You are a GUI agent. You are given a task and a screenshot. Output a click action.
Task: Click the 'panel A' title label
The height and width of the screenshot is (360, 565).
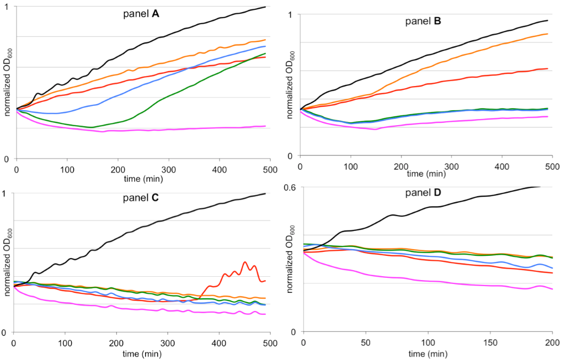[x=141, y=14]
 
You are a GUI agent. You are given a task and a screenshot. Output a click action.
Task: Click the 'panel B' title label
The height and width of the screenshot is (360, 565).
[x=422, y=22]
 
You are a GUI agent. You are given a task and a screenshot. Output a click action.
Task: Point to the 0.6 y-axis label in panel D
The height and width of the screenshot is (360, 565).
[x=291, y=187]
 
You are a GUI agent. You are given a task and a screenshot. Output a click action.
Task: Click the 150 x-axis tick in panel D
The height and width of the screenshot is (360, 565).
[x=491, y=343]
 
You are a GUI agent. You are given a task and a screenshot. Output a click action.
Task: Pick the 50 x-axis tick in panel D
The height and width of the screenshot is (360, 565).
[x=366, y=343]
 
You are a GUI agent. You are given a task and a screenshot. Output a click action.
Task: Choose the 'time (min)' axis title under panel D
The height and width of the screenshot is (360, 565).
[x=428, y=352]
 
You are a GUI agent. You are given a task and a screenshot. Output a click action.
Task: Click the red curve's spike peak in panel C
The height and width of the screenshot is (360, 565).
[x=244, y=262]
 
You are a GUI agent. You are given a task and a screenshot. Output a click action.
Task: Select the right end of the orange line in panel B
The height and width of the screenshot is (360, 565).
[x=547, y=34]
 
